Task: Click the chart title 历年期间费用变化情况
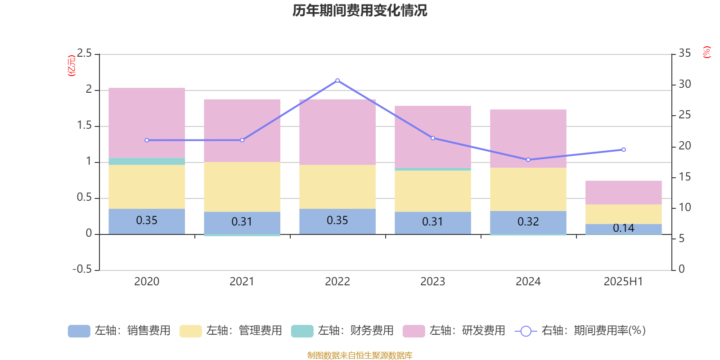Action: pos(360,10)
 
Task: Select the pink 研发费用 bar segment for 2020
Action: pos(147,122)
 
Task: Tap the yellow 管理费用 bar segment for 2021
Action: pos(242,187)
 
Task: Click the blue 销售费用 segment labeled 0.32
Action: pos(528,222)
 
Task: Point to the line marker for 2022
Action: pos(337,81)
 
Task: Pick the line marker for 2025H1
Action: pos(623,150)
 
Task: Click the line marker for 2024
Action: pos(528,160)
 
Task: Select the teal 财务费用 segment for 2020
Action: pos(147,161)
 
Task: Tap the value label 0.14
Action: pos(623,228)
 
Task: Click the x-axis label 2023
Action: pos(432,282)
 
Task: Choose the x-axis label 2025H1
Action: pos(623,282)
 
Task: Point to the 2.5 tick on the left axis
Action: pos(84,54)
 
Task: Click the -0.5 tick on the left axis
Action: pos(82,269)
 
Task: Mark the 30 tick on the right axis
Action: pos(684,84)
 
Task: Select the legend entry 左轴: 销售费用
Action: pos(119,331)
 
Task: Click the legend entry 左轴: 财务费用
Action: pos(342,331)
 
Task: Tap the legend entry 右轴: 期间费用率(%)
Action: pos(580,331)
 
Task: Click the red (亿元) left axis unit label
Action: pos(71,66)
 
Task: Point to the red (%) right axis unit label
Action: pos(706,52)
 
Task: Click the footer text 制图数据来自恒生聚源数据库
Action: pos(360,355)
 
